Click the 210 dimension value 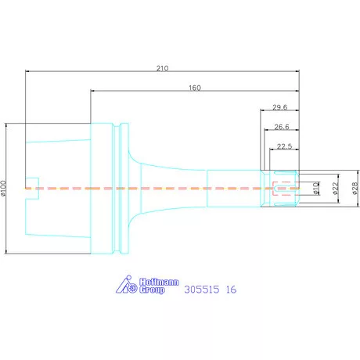click(162, 68)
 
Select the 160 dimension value click(195, 88)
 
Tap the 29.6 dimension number click(280, 107)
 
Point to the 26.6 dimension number click(282, 127)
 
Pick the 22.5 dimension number click(284, 146)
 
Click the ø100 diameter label click(3, 188)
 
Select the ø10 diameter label click(316, 189)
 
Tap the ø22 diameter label click(336, 189)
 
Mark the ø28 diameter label click(355, 189)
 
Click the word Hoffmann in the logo click(159, 282)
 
